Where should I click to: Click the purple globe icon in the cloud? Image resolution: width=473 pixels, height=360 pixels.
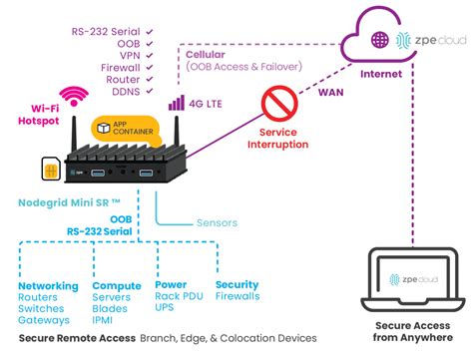(379, 40)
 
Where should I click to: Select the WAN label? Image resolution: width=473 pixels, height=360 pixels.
(331, 93)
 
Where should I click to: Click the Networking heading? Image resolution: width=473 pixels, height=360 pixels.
(47, 284)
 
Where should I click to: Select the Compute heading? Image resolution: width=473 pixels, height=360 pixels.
(116, 284)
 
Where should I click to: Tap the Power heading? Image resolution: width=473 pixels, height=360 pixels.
(171, 284)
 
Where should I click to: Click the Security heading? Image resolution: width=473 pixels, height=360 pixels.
(236, 284)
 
